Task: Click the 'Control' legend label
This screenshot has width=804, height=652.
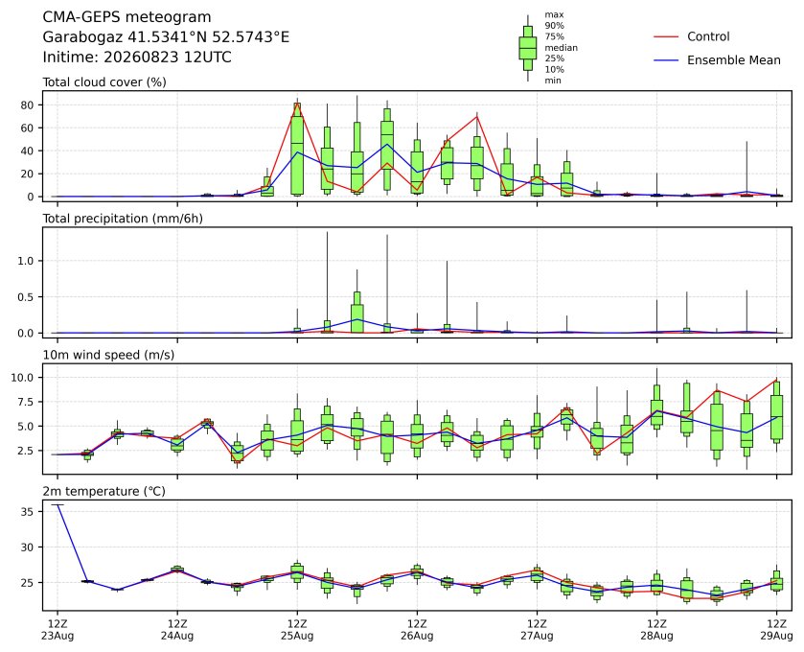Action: click(707, 36)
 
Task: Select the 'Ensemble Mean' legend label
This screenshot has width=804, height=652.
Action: click(734, 60)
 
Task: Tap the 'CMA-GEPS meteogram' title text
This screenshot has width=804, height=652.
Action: click(126, 17)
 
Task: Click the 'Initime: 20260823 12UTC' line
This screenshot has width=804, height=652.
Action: click(137, 57)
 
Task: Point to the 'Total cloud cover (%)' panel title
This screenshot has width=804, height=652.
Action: click(104, 82)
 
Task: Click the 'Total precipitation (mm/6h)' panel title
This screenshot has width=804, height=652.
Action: click(123, 219)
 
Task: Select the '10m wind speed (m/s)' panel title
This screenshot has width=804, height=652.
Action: click(108, 355)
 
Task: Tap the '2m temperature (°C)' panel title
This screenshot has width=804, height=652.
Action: click(104, 492)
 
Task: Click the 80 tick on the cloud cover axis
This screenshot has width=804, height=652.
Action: click(27, 105)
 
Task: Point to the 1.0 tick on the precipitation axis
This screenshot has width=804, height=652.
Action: click(25, 261)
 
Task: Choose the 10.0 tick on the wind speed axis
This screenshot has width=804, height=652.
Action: click(23, 378)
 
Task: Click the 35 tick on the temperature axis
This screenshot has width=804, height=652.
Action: click(27, 512)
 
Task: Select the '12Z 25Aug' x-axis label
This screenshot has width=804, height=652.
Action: click(297, 629)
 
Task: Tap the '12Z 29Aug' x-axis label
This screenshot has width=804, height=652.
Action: click(776, 629)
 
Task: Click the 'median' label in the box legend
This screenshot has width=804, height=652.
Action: click(561, 48)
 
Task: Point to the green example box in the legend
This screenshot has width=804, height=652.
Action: click(528, 48)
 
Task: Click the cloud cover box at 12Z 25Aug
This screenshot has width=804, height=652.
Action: click(297, 149)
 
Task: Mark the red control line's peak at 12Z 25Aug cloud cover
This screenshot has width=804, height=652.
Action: click(297, 104)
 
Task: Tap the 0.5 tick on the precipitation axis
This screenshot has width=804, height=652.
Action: click(25, 297)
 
